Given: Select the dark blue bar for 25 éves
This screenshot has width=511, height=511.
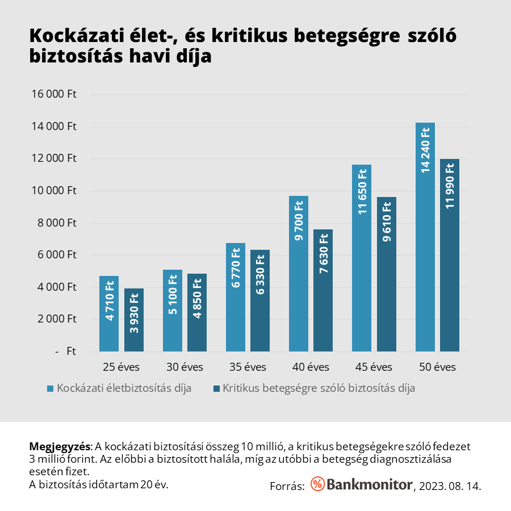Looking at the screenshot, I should point(134,321).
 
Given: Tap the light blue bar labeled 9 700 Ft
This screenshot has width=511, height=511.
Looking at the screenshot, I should point(299,273).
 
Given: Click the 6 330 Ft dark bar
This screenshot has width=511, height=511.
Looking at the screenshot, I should point(261,301).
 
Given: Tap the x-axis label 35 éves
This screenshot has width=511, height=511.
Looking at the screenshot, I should point(248,367).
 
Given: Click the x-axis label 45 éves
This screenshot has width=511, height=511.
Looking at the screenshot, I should point(374,367).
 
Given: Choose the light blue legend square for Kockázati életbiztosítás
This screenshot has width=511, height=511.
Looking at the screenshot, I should point(51,388).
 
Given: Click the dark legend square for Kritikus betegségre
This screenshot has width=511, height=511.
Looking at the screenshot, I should point(216,388).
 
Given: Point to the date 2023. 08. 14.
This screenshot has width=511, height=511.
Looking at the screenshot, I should point(450,486).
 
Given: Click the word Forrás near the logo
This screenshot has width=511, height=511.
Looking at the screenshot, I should point(287,486).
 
